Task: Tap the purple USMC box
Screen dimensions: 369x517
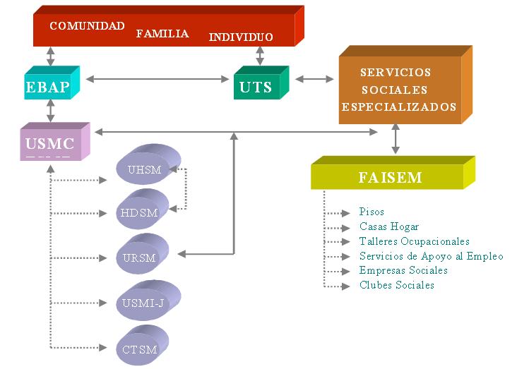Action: click(x=51, y=144)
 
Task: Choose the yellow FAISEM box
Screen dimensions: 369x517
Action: click(x=389, y=177)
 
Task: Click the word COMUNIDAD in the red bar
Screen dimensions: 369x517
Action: click(x=87, y=26)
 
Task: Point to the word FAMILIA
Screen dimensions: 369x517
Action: click(x=162, y=33)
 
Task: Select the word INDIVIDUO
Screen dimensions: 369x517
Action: click(x=241, y=37)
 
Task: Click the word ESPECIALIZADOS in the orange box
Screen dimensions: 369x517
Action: click(x=399, y=107)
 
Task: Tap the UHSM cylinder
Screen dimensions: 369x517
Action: click(x=145, y=170)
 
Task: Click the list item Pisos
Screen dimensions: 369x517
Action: click(x=372, y=212)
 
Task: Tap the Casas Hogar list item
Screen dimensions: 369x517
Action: click(x=389, y=226)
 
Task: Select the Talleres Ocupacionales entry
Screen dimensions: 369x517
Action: click(x=414, y=241)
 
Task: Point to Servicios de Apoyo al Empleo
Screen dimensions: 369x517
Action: click(x=431, y=256)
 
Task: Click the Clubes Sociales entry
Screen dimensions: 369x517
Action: click(x=397, y=285)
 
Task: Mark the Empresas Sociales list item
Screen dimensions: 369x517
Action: click(x=403, y=270)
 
